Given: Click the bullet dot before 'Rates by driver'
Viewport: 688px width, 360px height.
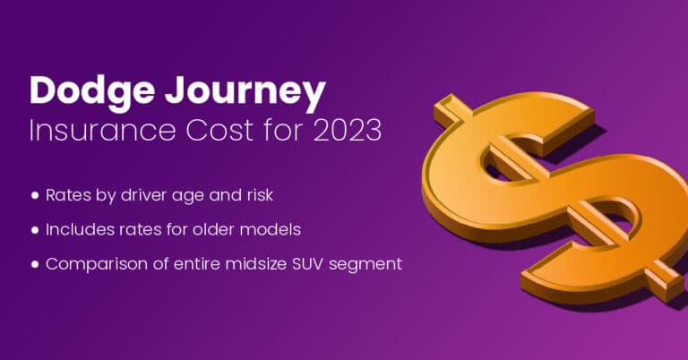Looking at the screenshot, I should [x=35, y=194].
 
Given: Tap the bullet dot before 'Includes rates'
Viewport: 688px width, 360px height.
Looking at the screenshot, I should [x=35, y=229].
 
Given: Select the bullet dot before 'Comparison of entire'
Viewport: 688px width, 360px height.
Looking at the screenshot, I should [x=35, y=264].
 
